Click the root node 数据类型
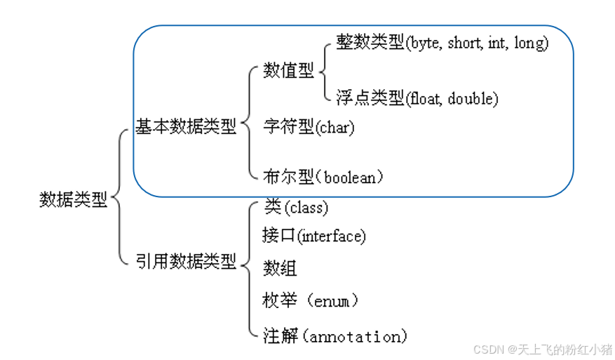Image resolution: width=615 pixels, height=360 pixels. pyautogui.click(x=74, y=199)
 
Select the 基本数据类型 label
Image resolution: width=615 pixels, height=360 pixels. pyautogui.click(x=186, y=127)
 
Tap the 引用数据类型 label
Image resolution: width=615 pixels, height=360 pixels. pyautogui.click(x=186, y=262)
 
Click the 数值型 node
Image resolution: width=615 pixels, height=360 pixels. pyautogui.click(x=288, y=71)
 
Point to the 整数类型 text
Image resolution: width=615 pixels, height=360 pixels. pyautogui.click(x=370, y=43)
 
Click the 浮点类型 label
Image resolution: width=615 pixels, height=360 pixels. pyautogui.click(x=370, y=98)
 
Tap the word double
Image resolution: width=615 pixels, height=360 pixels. pyautogui.click(x=471, y=98)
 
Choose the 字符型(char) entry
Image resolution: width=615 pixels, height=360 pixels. pyautogui.click(x=309, y=127)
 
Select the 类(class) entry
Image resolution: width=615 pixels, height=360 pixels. pyautogui.click(x=296, y=206)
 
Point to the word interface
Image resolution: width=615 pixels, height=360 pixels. pyautogui.click(x=331, y=236)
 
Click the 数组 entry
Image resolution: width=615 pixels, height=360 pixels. pyautogui.click(x=280, y=267)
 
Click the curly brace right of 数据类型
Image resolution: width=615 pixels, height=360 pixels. pyautogui.click(x=119, y=199)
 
